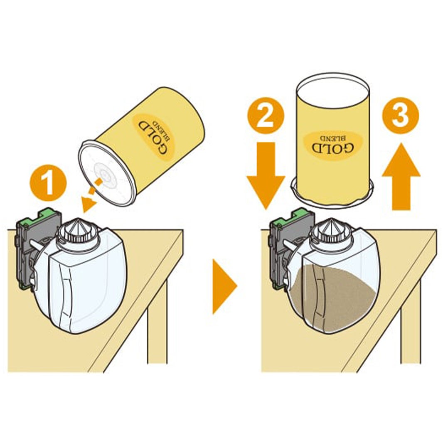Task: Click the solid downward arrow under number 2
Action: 266,175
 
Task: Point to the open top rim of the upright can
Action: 332,84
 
